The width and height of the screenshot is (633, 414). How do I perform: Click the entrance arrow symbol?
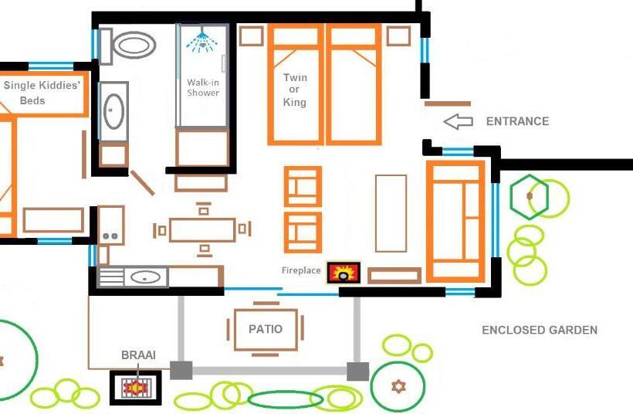(458, 121)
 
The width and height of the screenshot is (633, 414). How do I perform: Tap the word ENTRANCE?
(517, 121)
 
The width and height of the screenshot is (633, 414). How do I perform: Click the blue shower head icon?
(200, 40)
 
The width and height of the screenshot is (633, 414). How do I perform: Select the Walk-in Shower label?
(203, 87)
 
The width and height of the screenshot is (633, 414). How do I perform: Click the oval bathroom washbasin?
(113, 110)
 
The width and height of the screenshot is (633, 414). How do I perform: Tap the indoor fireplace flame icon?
(344, 273)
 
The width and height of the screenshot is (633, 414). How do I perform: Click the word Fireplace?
(300, 271)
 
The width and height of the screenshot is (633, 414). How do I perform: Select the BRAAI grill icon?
(136, 387)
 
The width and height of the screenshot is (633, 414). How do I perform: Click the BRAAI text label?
(138, 355)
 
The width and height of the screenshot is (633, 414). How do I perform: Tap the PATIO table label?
(265, 329)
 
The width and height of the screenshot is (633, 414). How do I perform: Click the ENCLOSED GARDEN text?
(540, 330)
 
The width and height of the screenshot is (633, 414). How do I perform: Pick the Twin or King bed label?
(295, 90)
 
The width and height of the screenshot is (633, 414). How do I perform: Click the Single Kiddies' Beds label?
(42, 93)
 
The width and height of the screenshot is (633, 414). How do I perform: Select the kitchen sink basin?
(144, 276)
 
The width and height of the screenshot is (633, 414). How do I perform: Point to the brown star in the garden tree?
(398, 385)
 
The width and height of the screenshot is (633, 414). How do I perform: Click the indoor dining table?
(202, 229)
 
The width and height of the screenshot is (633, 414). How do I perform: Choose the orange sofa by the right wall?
(455, 221)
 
